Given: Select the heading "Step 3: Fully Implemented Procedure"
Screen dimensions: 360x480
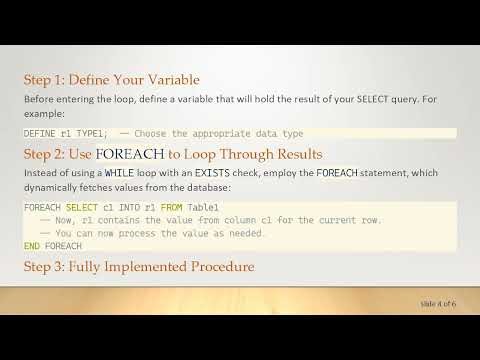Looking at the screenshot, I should coord(138,267).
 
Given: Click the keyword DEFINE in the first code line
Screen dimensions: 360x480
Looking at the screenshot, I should coord(39,132).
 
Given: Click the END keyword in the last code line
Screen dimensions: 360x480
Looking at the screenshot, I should coord(32,245).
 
